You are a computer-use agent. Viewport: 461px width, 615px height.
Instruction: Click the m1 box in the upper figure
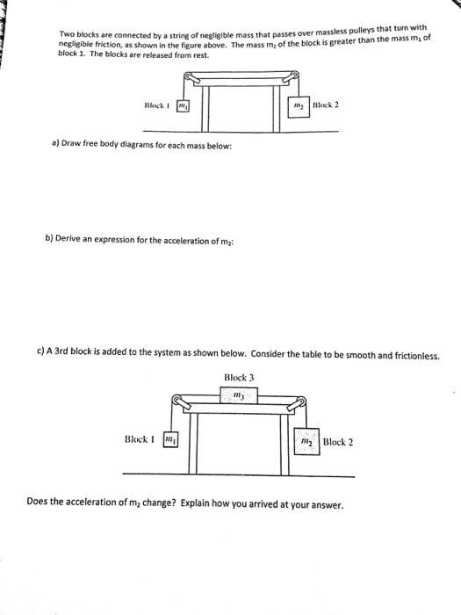click(184, 107)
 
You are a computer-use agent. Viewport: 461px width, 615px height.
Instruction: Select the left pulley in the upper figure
click(184, 80)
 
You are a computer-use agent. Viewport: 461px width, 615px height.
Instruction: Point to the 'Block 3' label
click(239, 379)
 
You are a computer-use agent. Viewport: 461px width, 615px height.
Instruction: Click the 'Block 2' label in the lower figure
click(338, 441)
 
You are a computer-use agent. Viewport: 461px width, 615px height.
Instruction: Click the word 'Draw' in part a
click(61, 145)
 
